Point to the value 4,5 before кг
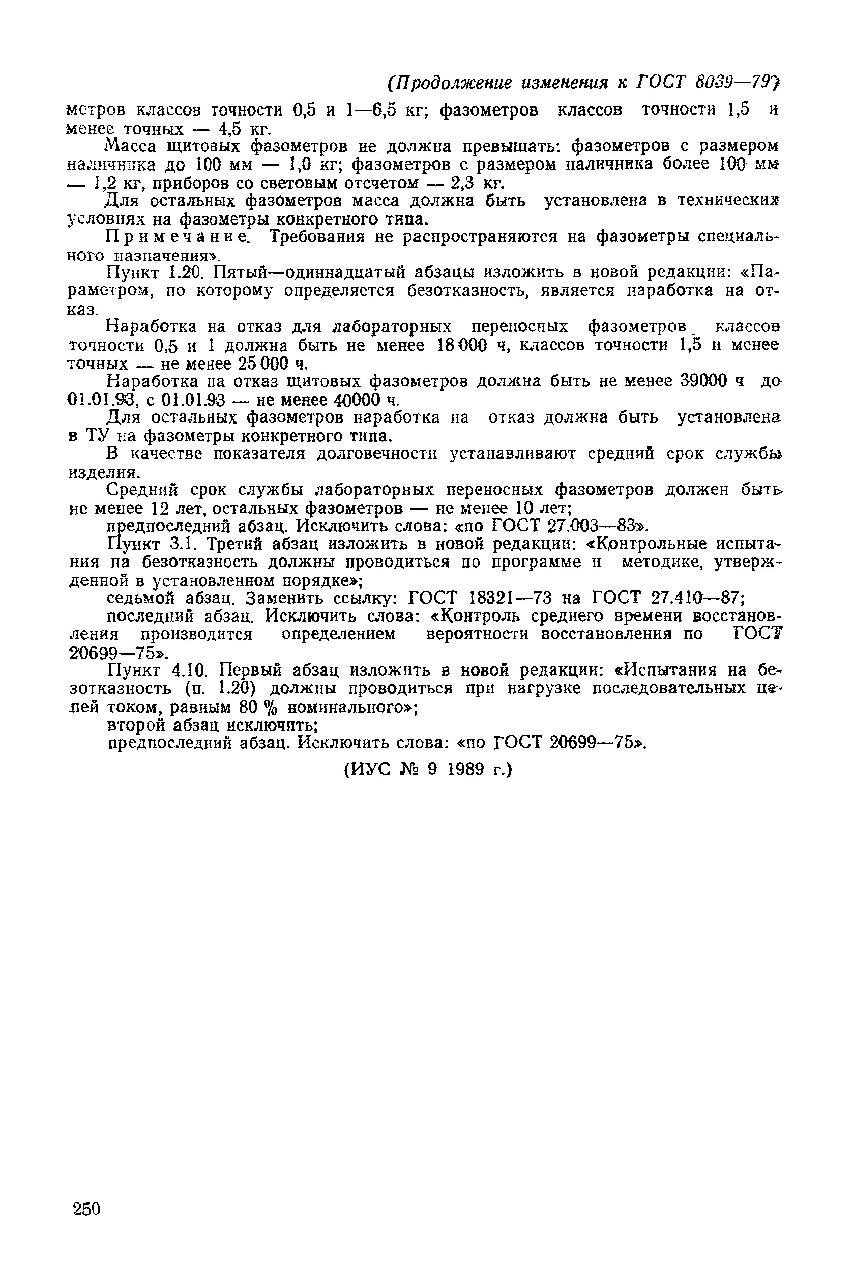228,130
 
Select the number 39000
703,381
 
